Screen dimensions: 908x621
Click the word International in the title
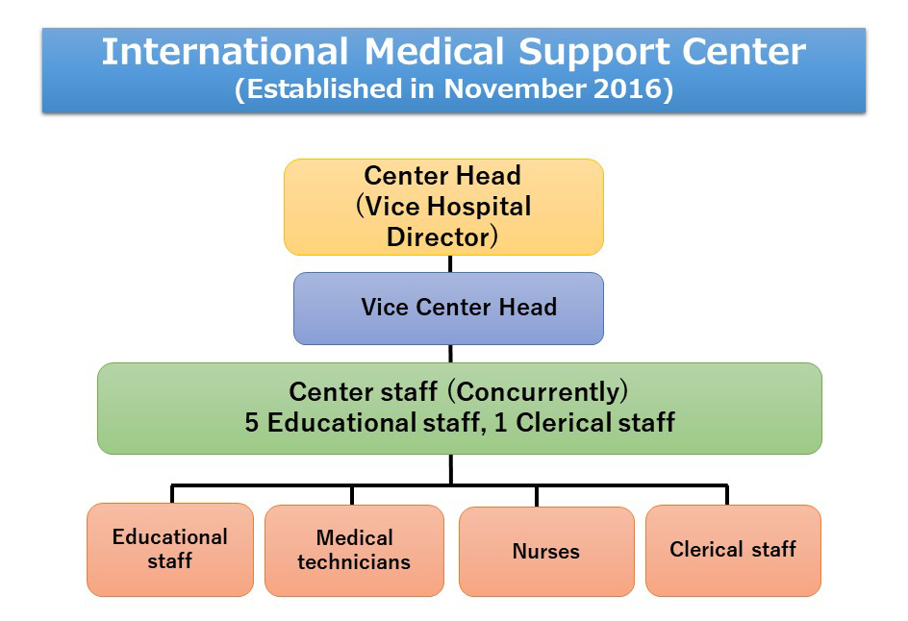tap(225, 52)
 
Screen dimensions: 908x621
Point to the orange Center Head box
tap(443, 207)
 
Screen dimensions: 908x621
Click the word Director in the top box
tap(439, 237)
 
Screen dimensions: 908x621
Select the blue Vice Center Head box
tap(448, 309)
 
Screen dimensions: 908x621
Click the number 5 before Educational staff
tap(251, 422)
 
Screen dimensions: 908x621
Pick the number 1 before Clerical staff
tap(500, 422)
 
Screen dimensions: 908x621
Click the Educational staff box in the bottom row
tap(170, 549)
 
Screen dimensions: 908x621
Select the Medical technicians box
tap(354, 551)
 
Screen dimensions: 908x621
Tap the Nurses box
tap(546, 551)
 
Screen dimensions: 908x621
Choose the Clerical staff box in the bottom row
tap(733, 551)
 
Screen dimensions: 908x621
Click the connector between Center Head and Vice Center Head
tap(450, 264)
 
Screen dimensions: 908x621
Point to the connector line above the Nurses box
tap(537, 496)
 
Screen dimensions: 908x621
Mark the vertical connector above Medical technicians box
tap(352, 495)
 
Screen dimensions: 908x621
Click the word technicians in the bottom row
tap(354, 562)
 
